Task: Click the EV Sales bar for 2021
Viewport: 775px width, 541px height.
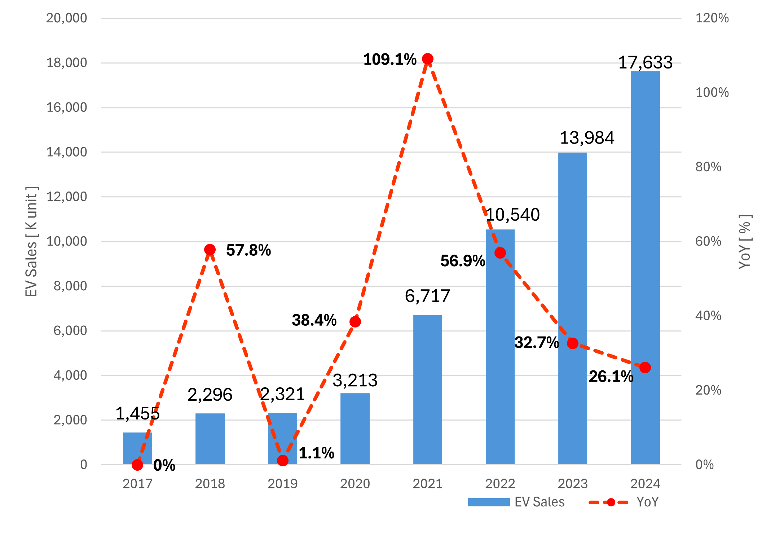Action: click(x=427, y=390)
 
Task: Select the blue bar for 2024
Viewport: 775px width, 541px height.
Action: click(x=645, y=267)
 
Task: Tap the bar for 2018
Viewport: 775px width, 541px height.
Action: click(x=210, y=439)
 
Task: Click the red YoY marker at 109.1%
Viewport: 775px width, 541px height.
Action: click(x=427, y=59)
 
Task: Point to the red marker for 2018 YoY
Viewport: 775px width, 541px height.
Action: click(x=210, y=250)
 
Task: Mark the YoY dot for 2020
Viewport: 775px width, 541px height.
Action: click(x=355, y=322)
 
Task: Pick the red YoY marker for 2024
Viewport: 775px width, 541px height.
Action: click(x=645, y=368)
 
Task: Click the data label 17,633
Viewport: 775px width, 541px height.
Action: click(x=645, y=62)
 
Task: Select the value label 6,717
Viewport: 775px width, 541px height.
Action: click(x=427, y=296)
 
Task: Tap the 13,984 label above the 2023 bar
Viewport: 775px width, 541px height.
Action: click(x=587, y=138)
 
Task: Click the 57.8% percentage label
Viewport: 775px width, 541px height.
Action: click(x=248, y=250)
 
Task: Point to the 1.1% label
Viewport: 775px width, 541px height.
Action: click(x=316, y=453)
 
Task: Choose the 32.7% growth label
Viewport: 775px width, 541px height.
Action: click(x=537, y=343)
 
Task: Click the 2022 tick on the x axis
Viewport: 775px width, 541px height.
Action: click(x=500, y=484)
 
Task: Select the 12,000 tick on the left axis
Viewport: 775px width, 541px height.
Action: click(x=67, y=197)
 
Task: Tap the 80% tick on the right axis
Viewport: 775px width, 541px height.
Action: click(x=708, y=167)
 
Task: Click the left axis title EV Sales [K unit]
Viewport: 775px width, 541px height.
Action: click(x=31, y=242)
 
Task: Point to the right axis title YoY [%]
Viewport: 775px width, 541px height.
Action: click(x=745, y=242)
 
